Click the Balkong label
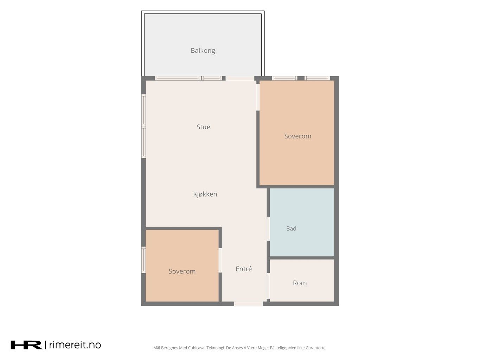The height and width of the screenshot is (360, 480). pos(203,51)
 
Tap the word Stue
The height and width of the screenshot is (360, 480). pos(203,127)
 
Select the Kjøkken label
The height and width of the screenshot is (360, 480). pos(205,194)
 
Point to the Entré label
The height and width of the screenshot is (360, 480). pos(244,269)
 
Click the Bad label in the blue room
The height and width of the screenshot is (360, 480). pos(291,229)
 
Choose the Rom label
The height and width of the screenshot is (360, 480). pos(300,283)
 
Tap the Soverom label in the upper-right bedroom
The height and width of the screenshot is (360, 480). pos(297,136)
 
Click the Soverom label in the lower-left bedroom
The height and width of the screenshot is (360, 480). pos(182,271)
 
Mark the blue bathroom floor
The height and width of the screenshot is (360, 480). pos(302,222)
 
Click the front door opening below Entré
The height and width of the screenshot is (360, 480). pos(248,304)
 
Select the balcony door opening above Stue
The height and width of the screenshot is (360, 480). pos(240,78)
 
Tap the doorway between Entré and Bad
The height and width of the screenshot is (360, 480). pos(268,229)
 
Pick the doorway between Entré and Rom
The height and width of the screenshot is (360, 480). pos(268,286)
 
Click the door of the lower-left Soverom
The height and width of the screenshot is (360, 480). pos(220,260)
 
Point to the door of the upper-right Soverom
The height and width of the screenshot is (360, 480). pos(258,97)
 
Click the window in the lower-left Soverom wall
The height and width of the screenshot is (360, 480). pos(143,260)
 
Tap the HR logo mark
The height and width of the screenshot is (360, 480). pos(26,345)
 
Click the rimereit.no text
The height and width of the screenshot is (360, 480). pos(75,345)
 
